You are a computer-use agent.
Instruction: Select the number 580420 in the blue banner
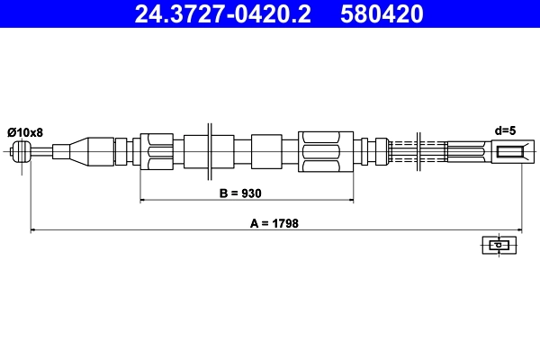click(x=382, y=14)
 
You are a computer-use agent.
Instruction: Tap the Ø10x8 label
click(x=25, y=132)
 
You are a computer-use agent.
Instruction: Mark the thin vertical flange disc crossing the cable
click(x=210, y=151)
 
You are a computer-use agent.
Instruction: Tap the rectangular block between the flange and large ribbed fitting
click(x=266, y=151)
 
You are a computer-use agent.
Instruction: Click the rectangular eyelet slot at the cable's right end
click(x=509, y=152)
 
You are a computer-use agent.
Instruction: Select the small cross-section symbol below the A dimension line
click(x=497, y=245)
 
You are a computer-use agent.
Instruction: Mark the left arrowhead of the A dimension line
click(x=34, y=231)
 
